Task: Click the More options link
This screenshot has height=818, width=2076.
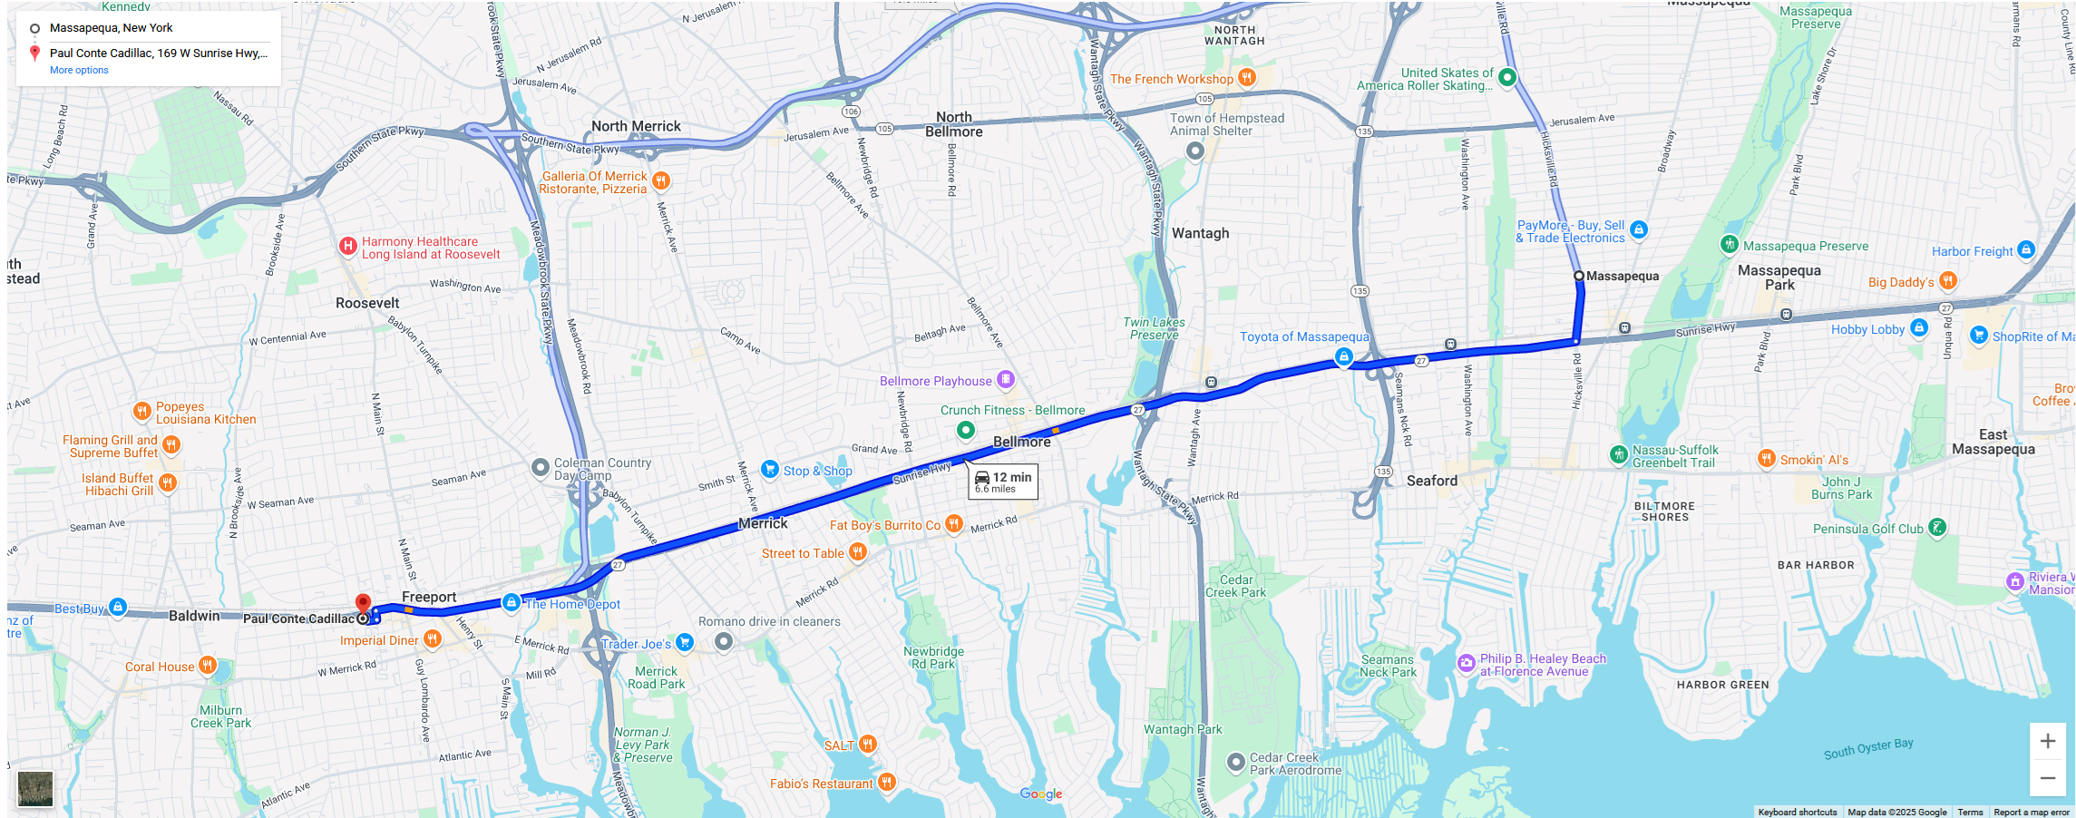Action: (79, 70)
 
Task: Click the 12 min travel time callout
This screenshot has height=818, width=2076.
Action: (1003, 481)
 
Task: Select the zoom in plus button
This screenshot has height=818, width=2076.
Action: (2047, 741)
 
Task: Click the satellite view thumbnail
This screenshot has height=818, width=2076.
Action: (35, 788)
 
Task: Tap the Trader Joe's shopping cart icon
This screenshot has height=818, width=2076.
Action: (685, 642)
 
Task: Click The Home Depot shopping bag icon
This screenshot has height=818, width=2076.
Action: (512, 602)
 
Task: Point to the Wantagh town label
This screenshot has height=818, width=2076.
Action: (1200, 233)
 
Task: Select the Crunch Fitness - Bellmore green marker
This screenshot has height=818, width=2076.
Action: (966, 429)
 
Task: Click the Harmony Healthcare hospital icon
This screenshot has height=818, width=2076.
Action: (347, 246)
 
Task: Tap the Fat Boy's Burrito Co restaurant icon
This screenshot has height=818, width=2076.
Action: (953, 523)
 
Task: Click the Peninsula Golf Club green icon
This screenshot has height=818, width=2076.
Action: (1937, 527)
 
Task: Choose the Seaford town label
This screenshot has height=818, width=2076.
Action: (1432, 481)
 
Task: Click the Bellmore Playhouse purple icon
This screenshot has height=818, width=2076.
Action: (1006, 379)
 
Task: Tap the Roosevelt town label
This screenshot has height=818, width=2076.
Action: (367, 303)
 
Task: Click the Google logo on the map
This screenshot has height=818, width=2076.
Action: (1040, 794)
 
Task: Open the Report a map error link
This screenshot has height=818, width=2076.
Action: (2031, 813)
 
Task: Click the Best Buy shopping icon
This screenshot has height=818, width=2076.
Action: (118, 607)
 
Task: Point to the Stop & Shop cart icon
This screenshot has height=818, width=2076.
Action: (770, 469)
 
